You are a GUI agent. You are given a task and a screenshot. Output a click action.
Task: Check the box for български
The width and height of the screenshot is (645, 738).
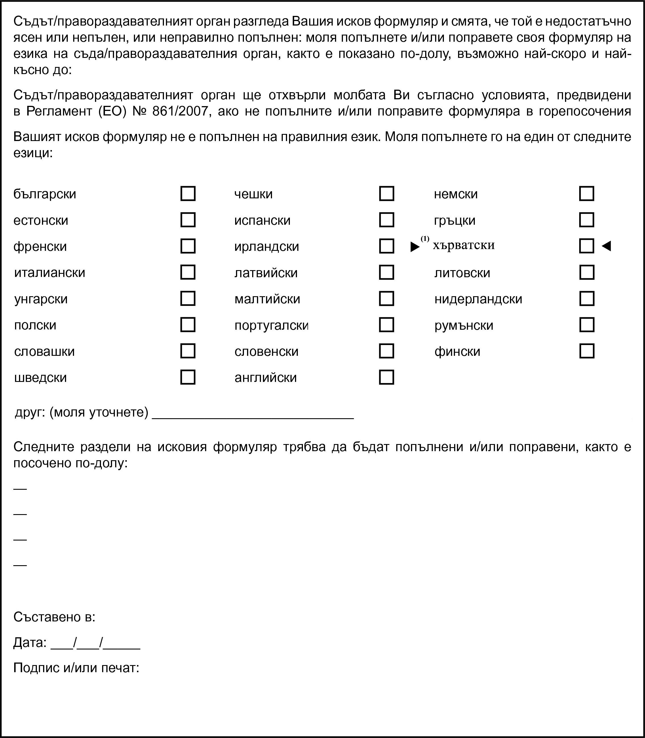click(x=187, y=194)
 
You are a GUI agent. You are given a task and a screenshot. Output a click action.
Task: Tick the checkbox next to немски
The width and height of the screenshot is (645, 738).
click(x=586, y=194)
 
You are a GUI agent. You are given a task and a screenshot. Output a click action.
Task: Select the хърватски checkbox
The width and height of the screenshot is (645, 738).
click(x=586, y=246)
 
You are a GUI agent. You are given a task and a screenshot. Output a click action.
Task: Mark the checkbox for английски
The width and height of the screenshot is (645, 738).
click(x=387, y=377)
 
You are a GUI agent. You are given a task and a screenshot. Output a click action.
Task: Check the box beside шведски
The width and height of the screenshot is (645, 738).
click(x=187, y=377)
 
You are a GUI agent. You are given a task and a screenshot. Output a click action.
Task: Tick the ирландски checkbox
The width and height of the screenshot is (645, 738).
click(x=387, y=246)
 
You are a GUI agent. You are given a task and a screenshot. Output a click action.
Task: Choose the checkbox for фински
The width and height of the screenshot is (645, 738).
click(x=586, y=351)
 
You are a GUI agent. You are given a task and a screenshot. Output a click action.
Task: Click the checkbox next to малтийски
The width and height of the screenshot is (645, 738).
click(x=387, y=299)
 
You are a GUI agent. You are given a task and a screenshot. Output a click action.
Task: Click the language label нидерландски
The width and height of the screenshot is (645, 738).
click(x=478, y=299)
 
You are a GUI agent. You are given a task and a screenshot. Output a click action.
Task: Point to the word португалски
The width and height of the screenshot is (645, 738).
click(x=271, y=325)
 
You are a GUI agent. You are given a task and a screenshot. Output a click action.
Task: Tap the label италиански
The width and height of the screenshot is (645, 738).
click(x=50, y=272)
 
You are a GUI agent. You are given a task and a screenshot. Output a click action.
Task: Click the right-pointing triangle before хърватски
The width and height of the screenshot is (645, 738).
click(x=415, y=247)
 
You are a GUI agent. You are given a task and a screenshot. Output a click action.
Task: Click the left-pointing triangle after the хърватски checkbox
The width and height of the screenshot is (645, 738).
click(x=606, y=246)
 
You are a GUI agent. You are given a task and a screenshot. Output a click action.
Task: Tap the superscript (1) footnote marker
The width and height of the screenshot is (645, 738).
click(x=425, y=239)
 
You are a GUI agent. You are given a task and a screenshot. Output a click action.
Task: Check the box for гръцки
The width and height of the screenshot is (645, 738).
click(x=586, y=220)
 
